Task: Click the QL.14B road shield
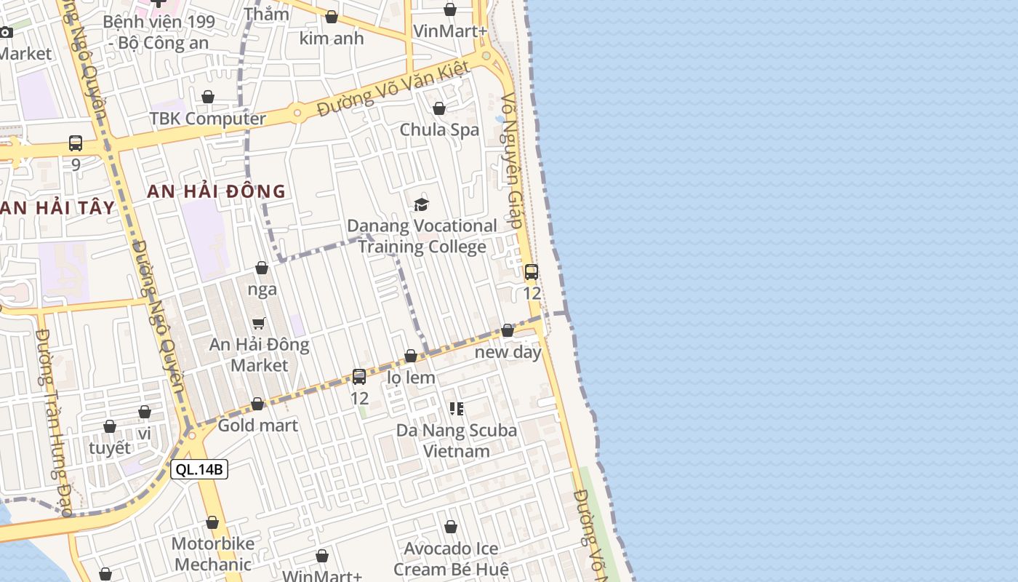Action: [199, 469]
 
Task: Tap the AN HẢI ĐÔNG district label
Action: [216, 191]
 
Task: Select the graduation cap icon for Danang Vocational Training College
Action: [422, 204]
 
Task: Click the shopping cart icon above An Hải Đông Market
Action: [259, 322]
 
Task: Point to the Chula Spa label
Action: [439, 129]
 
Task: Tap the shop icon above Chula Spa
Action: [439, 109]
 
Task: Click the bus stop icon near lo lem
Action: [359, 376]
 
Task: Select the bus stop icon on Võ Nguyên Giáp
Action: [532, 272]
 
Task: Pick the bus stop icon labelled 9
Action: [76, 143]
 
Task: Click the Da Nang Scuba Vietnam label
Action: [457, 440]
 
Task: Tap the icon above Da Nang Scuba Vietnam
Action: [457, 408]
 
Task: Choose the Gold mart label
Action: [258, 425]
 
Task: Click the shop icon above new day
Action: [508, 331]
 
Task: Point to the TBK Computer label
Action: [208, 119]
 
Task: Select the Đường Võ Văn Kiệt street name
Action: [396, 89]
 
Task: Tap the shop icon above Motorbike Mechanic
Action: [212, 522]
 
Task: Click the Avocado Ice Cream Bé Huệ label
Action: [452, 558]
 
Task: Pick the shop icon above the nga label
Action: [262, 268]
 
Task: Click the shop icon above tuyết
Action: [110, 426]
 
